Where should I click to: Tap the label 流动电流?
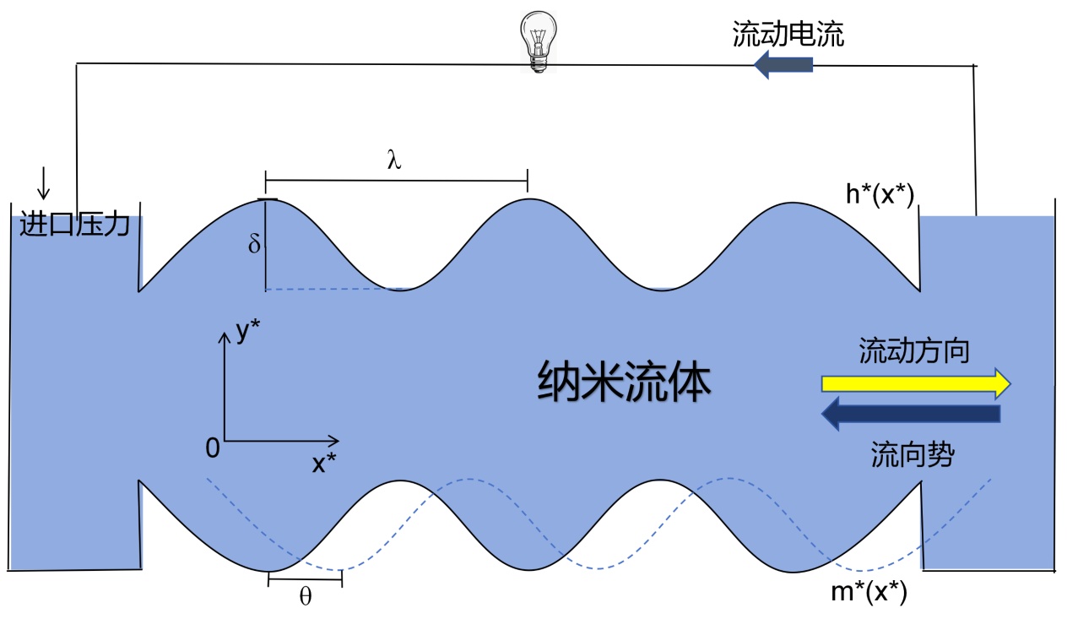coord(788,35)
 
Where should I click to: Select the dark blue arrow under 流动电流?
coord(783,64)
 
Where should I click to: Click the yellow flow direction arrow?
coord(915,383)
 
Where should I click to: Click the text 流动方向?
coord(914,350)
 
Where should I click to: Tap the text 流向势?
coord(913,455)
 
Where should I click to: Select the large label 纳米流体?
coord(625,383)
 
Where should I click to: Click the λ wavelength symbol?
coord(393,161)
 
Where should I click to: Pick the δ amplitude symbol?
coord(255,245)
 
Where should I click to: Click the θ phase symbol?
coord(306,597)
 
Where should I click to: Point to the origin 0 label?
coord(212,448)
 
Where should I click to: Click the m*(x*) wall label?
coord(869,593)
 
